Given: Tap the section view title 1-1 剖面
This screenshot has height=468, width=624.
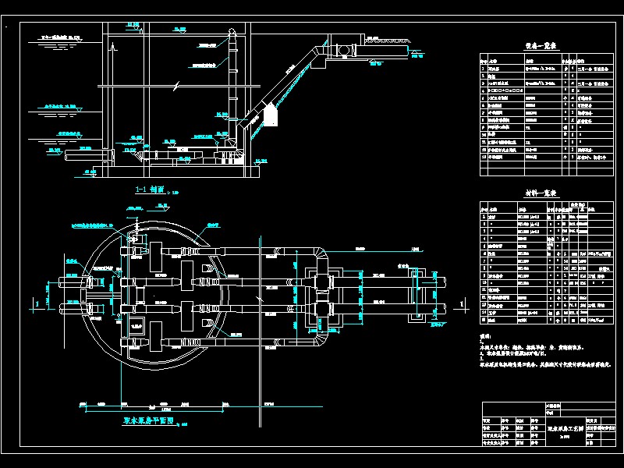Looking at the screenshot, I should [149, 190].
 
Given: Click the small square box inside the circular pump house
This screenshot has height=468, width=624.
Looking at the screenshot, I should [137, 328].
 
